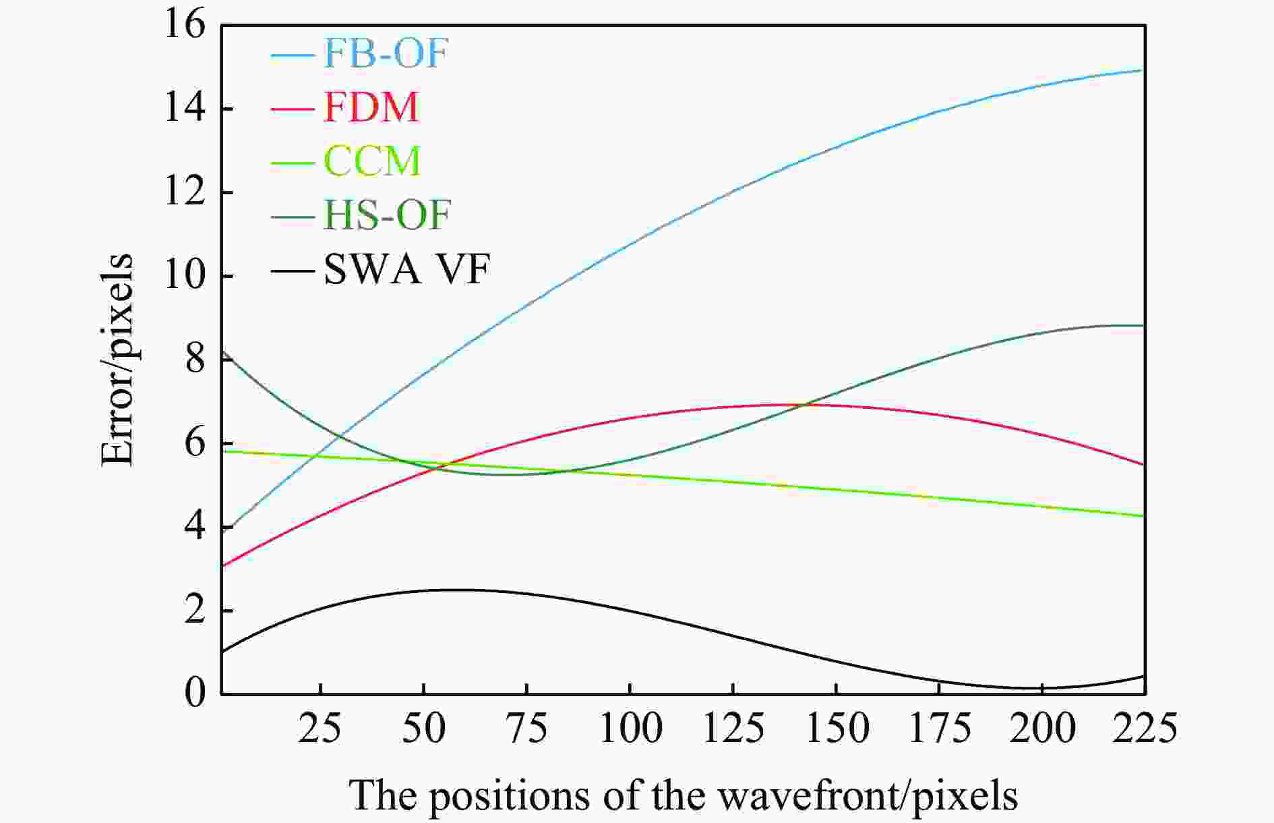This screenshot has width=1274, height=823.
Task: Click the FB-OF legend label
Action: click(386, 53)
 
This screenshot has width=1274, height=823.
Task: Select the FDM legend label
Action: click(371, 107)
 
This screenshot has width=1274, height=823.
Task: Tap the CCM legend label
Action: click(372, 161)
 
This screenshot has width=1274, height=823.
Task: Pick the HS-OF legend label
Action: click(387, 216)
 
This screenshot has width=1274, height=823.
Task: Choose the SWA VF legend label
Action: click(406, 270)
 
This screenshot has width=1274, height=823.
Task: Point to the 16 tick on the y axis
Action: click(185, 26)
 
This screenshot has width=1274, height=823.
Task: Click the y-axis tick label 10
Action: click(185, 277)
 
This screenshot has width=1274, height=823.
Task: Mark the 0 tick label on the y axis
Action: click(195, 693)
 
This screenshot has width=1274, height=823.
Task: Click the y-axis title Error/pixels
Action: click(117, 359)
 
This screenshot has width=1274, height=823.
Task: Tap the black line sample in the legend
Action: click(293, 271)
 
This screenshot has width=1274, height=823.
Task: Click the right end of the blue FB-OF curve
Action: click(1143, 69)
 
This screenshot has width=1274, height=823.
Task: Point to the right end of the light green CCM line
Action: click(1143, 516)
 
